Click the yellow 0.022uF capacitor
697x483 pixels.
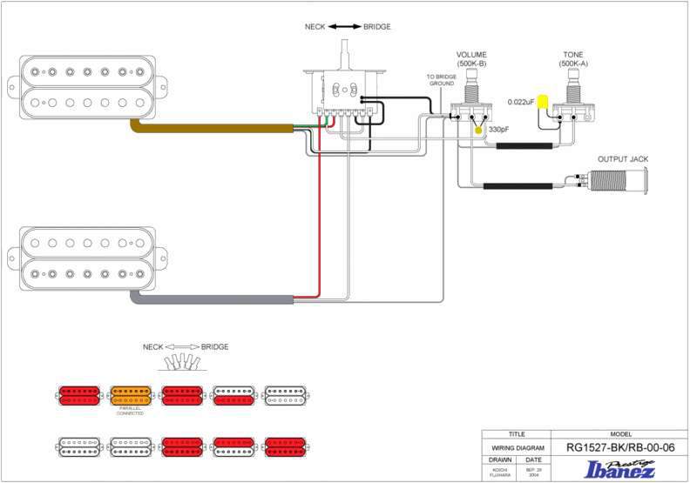[x=544, y=102]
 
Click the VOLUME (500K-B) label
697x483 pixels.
[x=470, y=59]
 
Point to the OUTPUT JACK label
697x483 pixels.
[x=622, y=159]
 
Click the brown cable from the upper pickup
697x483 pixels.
[x=218, y=129]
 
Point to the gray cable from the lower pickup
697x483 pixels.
[x=218, y=299]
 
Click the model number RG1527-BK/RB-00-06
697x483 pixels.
[x=620, y=447]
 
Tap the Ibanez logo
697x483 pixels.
[x=620, y=469]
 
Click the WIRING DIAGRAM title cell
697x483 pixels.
[x=517, y=447]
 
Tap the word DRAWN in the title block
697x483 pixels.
[x=500, y=460]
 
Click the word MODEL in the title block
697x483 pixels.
[x=620, y=433]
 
